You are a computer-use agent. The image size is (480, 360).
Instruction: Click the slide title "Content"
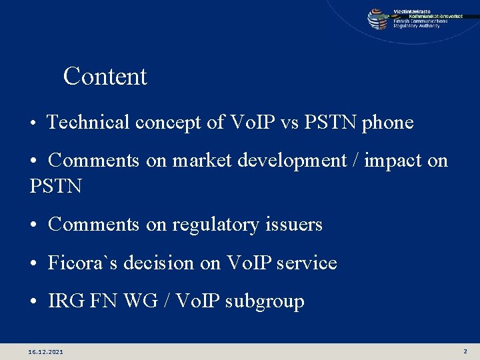(x=105, y=77)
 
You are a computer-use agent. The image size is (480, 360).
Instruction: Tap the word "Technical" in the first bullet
(x=89, y=123)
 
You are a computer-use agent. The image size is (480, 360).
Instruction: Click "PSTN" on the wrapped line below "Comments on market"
(x=56, y=186)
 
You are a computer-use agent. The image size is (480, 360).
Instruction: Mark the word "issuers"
(x=295, y=225)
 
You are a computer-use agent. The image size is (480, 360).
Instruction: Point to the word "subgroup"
(x=265, y=302)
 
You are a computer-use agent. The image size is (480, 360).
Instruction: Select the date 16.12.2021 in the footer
(x=46, y=351)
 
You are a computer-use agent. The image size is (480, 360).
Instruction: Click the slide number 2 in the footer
(x=465, y=351)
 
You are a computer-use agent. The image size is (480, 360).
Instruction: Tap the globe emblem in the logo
(x=378, y=19)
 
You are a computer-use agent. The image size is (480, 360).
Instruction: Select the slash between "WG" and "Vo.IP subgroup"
(x=165, y=301)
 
